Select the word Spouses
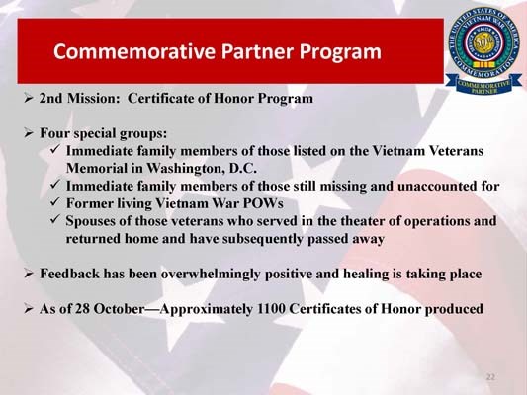(95, 221)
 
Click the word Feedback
(72, 274)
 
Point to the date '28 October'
(112, 309)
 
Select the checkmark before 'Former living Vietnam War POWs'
(54, 203)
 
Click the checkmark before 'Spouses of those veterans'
(54, 221)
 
